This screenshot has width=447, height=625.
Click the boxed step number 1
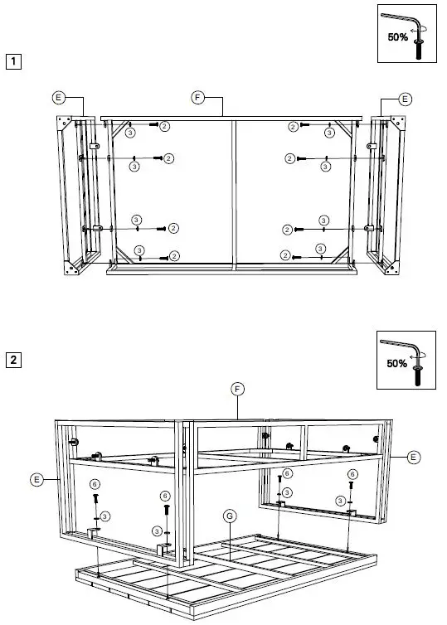pos(12,61)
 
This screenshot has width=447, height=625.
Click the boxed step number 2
pos(12,360)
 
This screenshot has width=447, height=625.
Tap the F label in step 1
pos(197,98)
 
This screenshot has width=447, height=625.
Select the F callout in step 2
pos(236,388)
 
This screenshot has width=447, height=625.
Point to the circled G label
pos(228,515)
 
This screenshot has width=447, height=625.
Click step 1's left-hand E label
pos(58,98)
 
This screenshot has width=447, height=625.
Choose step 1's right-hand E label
pos(405,99)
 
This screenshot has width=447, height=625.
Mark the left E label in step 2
pos(36,478)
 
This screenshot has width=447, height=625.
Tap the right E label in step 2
pos(414,456)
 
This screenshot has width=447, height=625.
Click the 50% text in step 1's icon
pos(397,36)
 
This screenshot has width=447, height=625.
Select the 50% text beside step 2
pos(397,363)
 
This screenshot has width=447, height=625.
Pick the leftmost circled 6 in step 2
pos(95,483)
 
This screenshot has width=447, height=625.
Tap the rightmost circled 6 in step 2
pos(352,474)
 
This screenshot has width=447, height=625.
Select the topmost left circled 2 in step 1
pos(164,125)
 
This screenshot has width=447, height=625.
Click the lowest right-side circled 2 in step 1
pos(285,254)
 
